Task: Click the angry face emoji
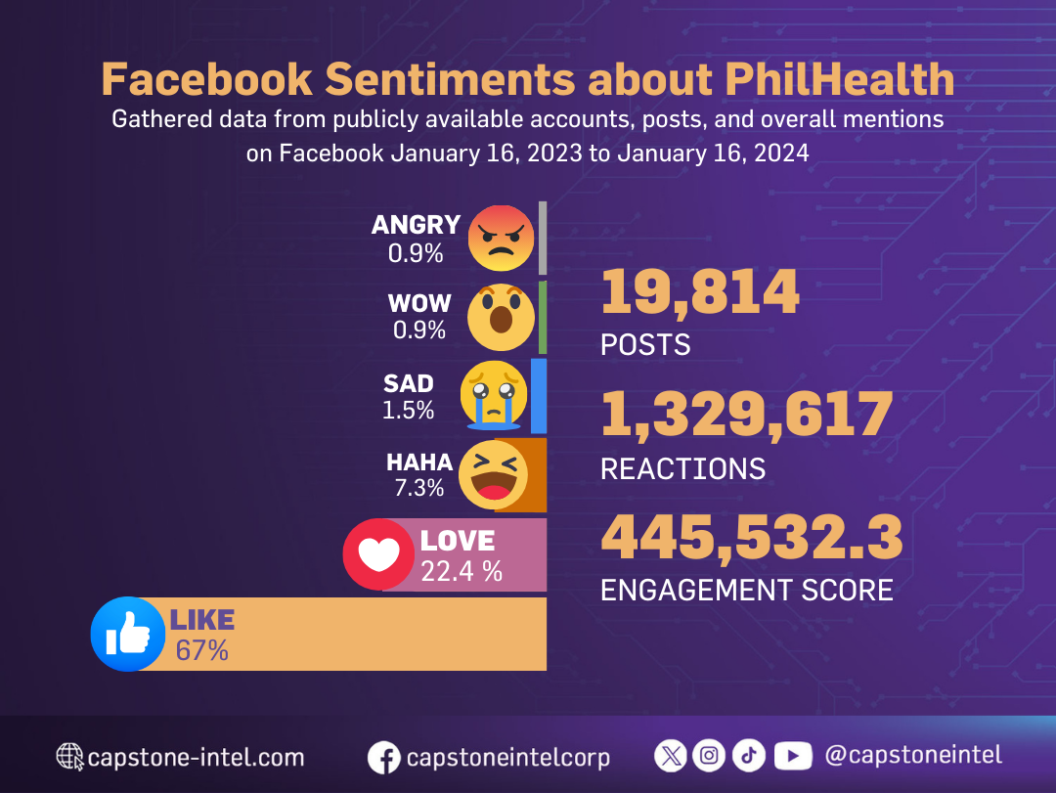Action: pos(501,238)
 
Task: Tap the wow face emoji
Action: pos(501,316)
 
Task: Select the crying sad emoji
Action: pos(495,395)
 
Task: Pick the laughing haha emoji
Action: pos(494,475)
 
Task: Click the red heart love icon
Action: pos(378,554)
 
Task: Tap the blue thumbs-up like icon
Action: pos(127,634)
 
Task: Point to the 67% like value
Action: pos(201,650)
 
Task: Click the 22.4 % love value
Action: pos(462,571)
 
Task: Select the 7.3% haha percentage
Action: pos(419,487)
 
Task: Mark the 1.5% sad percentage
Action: pos(408,410)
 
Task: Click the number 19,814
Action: pos(700,292)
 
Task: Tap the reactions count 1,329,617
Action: pos(746,415)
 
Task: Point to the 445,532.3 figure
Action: pos(751,537)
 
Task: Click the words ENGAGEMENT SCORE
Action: pos(746,590)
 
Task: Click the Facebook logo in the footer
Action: pos(384,758)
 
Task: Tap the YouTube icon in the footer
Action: pos(793,755)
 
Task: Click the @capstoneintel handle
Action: pos(913,755)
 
